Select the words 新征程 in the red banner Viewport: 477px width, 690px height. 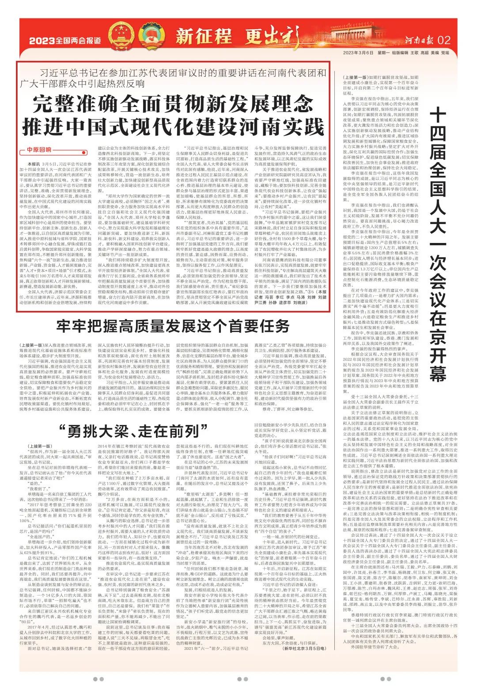[x=204, y=36]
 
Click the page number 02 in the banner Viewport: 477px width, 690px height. [x=443, y=40]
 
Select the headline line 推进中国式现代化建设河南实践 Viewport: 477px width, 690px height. [x=173, y=127]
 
